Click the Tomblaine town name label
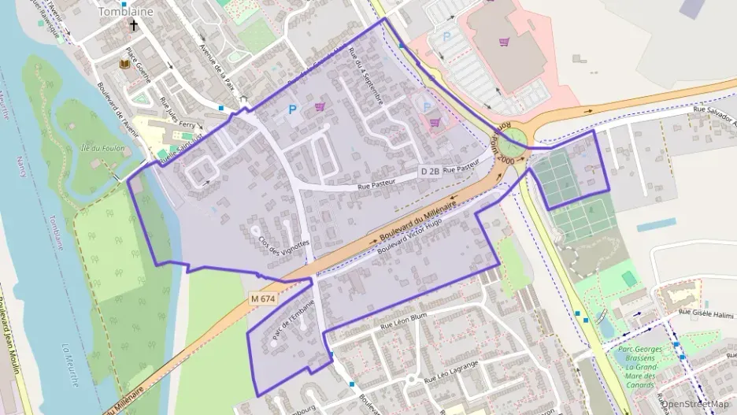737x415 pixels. (125, 12)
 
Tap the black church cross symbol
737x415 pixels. (134, 25)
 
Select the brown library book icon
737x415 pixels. (124, 64)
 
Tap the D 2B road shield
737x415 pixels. (429, 171)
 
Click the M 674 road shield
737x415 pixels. (264, 299)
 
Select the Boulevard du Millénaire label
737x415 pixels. (417, 220)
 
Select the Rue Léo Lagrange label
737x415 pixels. (452, 372)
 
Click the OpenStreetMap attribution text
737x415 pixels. (695, 404)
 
